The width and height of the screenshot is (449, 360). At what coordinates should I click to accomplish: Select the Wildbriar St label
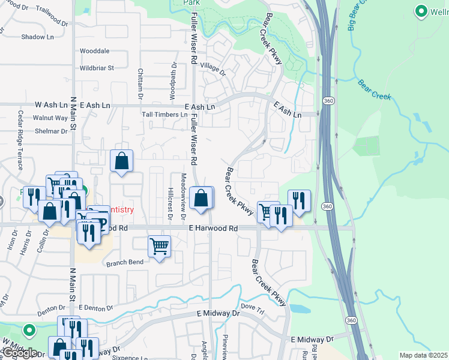click(97, 68)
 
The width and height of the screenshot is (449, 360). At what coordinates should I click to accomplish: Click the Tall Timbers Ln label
click(164, 115)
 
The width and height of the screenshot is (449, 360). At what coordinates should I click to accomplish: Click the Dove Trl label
click(252, 310)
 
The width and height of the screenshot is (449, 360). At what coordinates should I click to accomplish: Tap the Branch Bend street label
click(125, 263)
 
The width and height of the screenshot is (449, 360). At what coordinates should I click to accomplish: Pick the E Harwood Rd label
click(213, 229)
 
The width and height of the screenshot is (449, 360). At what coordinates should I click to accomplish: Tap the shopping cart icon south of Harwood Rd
click(159, 245)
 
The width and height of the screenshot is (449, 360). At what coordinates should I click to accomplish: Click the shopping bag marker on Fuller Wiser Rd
click(202, 197)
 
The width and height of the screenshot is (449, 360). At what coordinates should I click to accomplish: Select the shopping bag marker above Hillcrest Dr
click(122, 161)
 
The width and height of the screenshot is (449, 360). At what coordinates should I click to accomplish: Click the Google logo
click(19, 353)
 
